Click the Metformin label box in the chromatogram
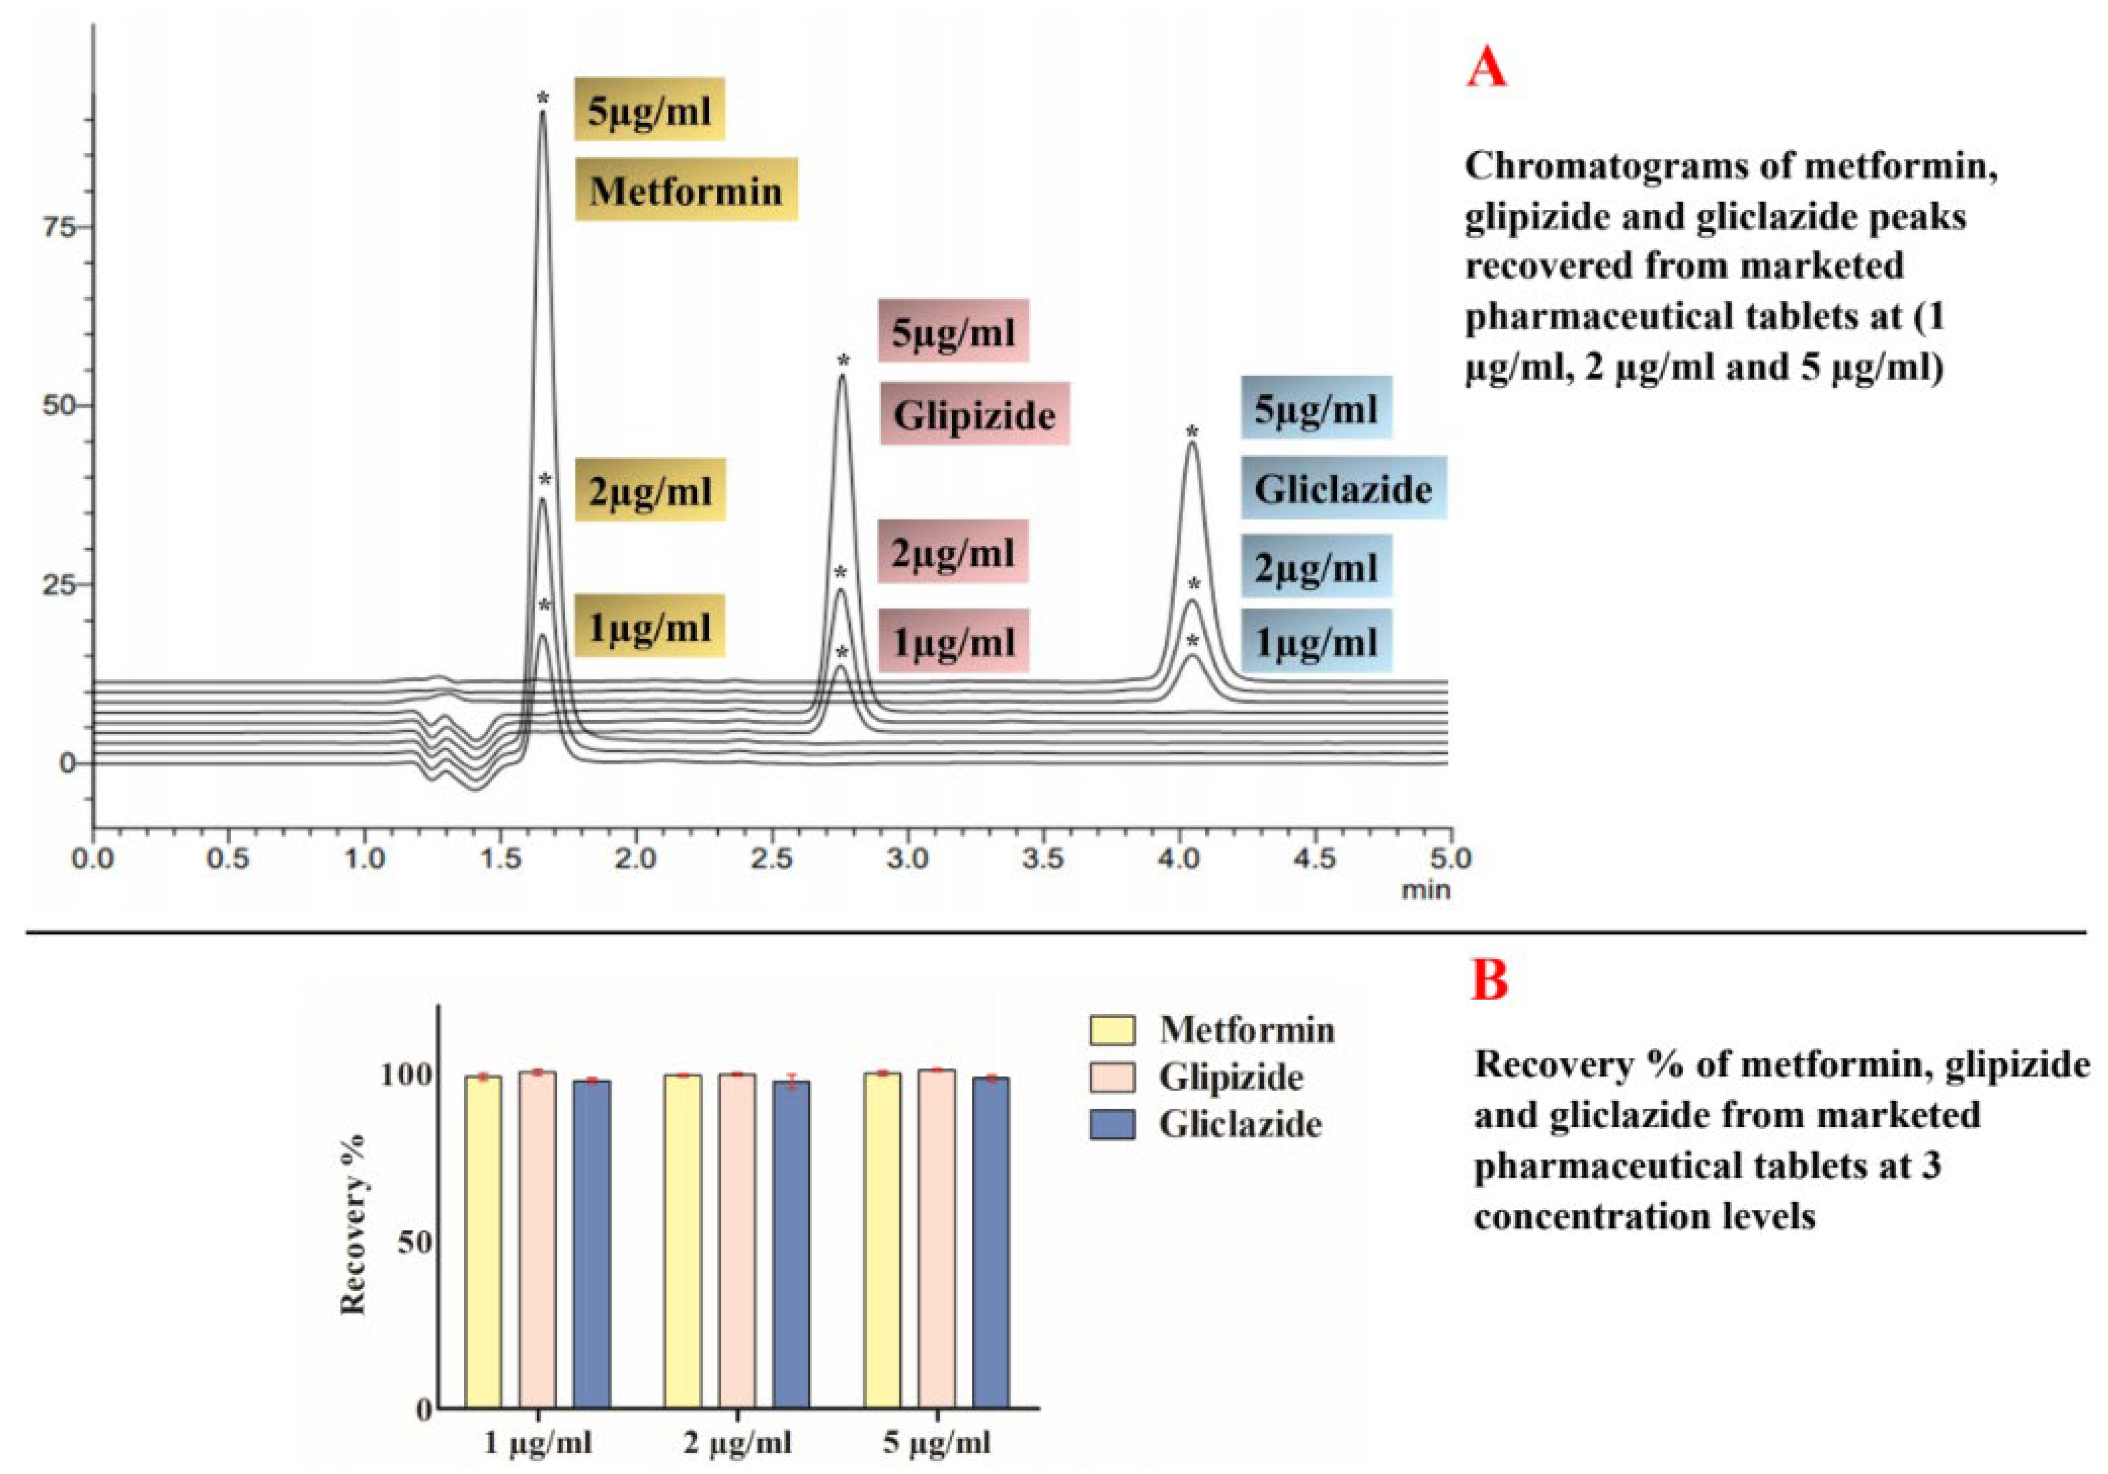[686, 190]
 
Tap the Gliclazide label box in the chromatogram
[1343, 488]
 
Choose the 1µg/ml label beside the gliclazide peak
[1316, 641]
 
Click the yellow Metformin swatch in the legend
[1112, 1030]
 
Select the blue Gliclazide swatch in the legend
[1112, 1124]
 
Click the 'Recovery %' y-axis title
[353, 1225]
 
